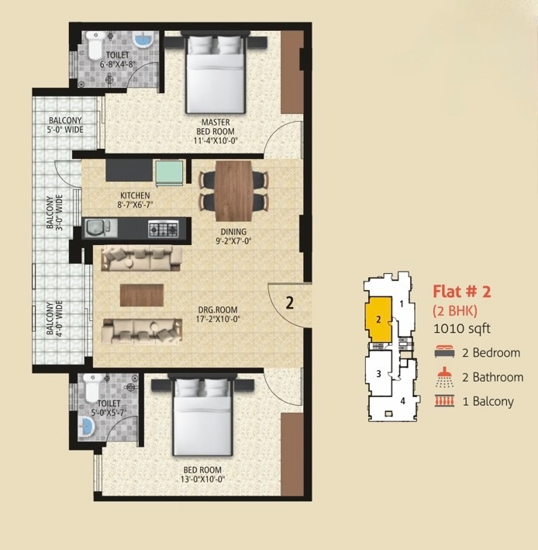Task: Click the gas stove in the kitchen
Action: point(164,229)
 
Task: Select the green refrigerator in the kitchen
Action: point(169,173)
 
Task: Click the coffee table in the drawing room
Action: point(142,295)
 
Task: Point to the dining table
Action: point(233,191)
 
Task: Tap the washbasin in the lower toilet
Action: point(86,427)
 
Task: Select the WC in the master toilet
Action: point(94,45)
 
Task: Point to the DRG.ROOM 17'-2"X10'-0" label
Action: point(219,315)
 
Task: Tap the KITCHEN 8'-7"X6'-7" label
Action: point(135,200)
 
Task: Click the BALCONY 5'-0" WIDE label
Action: point(65,125)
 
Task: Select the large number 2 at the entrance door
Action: point(289,303)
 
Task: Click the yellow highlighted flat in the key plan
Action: point(378,320)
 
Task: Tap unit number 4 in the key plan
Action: point(402,400)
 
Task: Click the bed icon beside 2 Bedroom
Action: point(444,352)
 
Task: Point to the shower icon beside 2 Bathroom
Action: point(444,377)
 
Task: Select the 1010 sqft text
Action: point(462,329)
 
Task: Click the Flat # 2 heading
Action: point(462,292)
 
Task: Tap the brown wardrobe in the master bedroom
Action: point(292,72)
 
